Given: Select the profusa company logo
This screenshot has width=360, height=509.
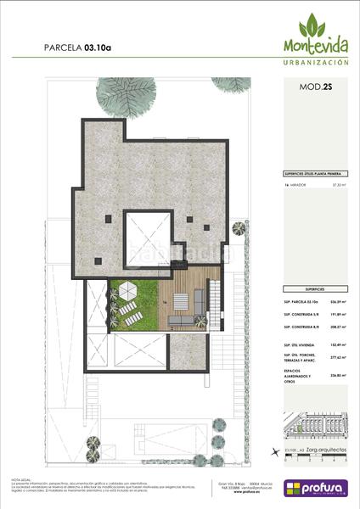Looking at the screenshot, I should [315, 489].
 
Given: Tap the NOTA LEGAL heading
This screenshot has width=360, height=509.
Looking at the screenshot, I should [22, 479].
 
